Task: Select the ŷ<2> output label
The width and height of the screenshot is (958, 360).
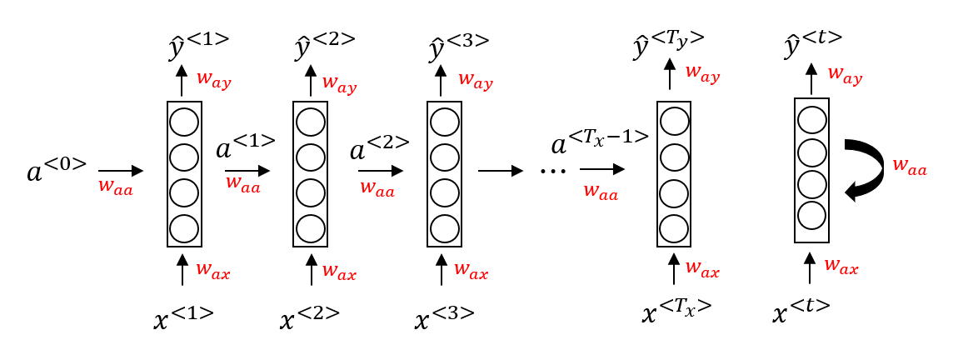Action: tap(325, 46)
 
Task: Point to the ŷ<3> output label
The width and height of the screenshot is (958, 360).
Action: tap(457, 46)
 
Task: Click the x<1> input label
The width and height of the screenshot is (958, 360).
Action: tap(184, 317)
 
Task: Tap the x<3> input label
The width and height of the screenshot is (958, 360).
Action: tap(445, 317)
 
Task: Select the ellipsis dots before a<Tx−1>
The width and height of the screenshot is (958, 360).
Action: tap(553, 171)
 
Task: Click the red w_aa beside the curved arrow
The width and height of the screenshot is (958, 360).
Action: tap(910, 167)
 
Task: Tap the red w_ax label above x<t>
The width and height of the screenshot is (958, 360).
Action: tap(841, 266)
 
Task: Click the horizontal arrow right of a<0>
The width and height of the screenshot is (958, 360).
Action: tap(120, 171)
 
